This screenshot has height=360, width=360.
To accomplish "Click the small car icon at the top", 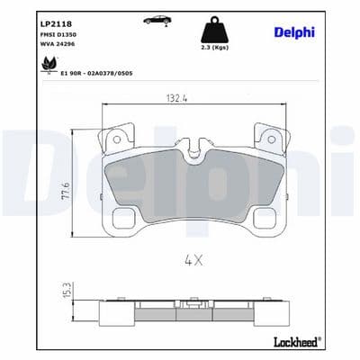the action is [x=157, y=20].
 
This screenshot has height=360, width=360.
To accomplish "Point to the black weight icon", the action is [x=215, y=30].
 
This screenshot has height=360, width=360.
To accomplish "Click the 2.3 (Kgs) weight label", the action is [x=215, y=48].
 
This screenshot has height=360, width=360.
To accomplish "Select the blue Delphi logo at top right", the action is [x=294, y=32].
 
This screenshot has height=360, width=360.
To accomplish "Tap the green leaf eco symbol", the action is [x=49, y=64].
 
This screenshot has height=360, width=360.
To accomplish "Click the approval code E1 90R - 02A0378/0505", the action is [x=96, y=73].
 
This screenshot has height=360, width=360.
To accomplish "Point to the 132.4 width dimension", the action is [x=176, y=98].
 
